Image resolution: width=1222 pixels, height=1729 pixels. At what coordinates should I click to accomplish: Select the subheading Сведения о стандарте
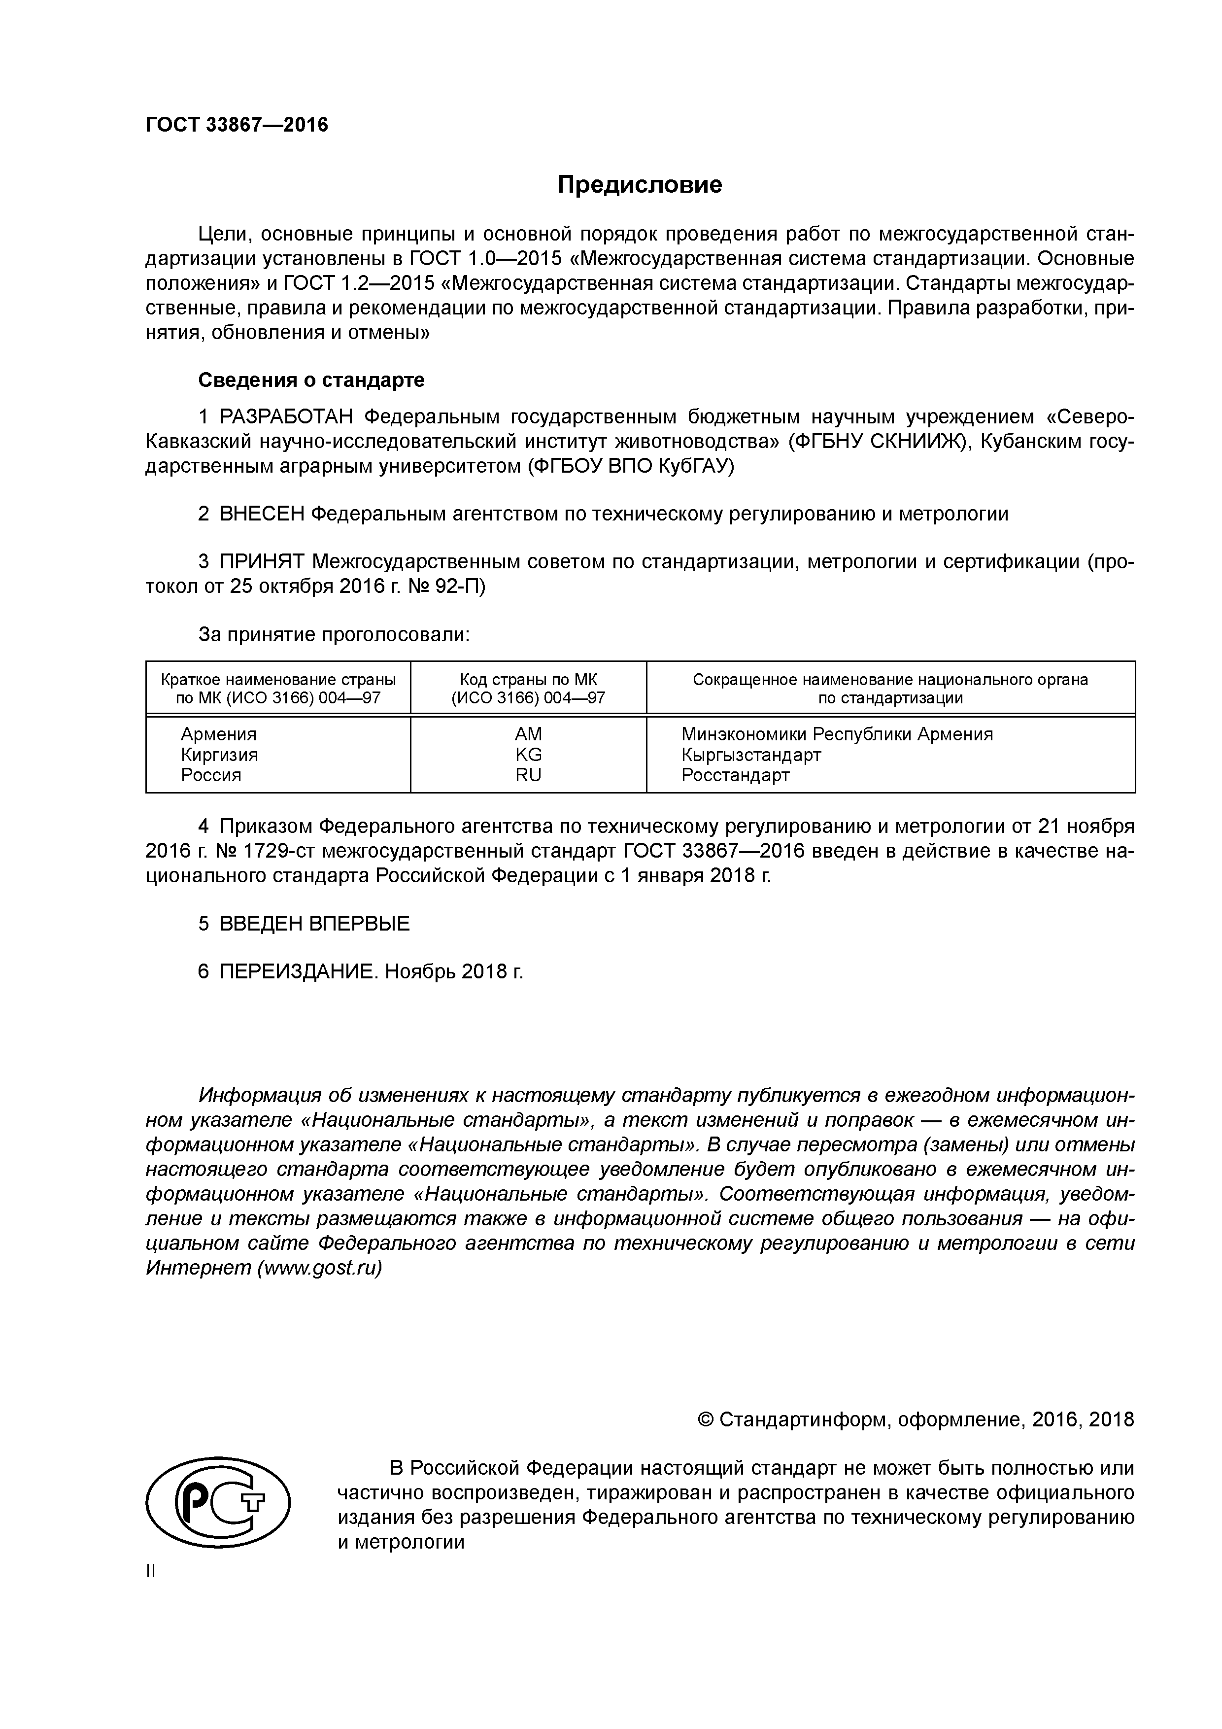(311, 380)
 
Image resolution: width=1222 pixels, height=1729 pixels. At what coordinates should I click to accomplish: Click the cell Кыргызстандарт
(750, 755)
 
